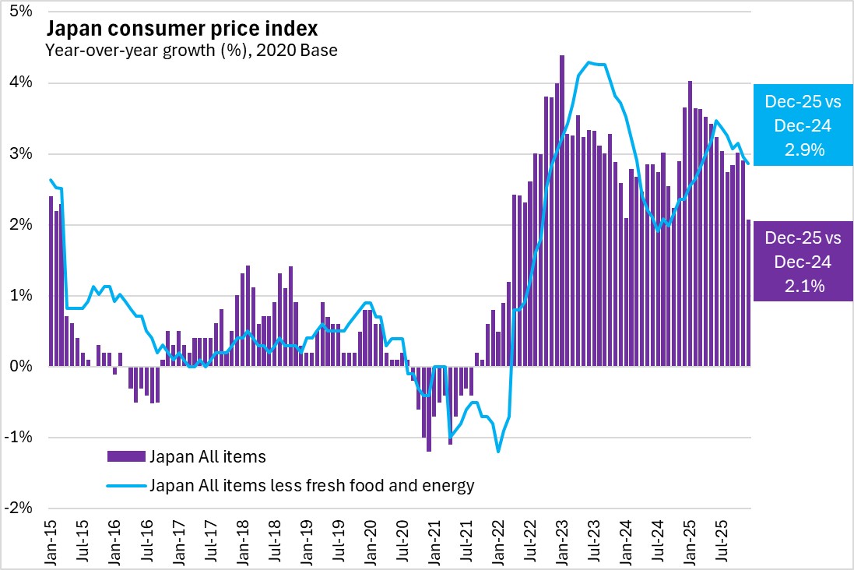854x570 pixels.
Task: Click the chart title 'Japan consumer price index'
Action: coord(183,30)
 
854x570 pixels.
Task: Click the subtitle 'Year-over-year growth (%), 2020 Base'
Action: coord(191,51)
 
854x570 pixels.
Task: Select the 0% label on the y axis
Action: coord(22,366)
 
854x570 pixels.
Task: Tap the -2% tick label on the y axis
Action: coord(19,508)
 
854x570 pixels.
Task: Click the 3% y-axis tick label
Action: coord(22,154)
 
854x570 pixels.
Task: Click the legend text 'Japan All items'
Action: coord(208,456)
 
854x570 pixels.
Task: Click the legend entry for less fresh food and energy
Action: coord(312,486)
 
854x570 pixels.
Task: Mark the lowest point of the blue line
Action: coord(498,452)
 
